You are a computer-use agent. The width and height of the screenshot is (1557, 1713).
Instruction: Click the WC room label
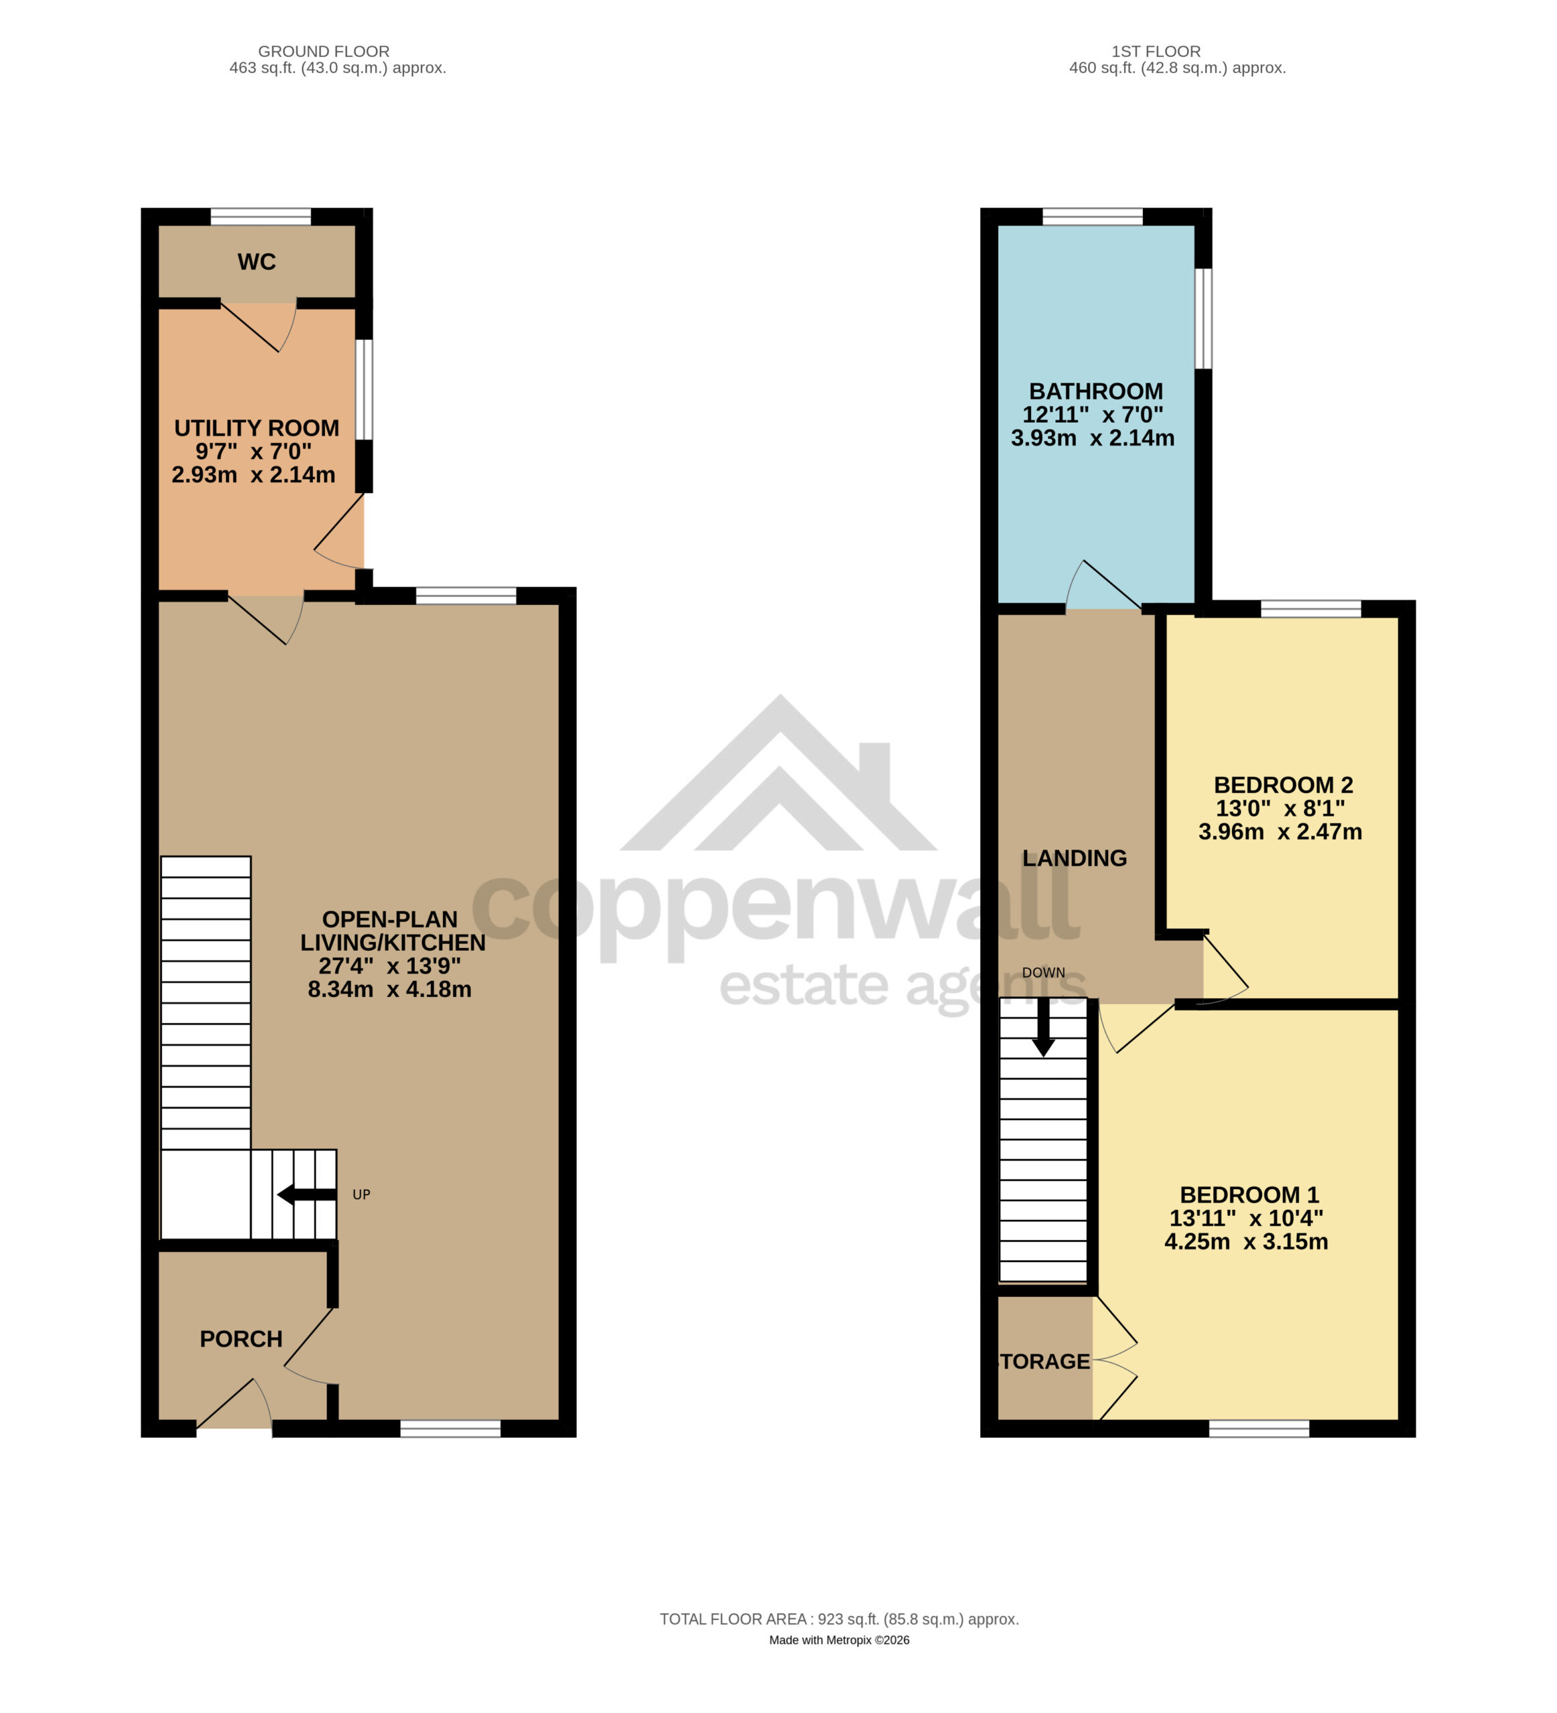(256, 262)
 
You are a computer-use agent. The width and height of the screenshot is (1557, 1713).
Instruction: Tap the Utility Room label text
(256, 428)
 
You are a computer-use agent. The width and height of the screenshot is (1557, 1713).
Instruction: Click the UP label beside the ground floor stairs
(361, 1194)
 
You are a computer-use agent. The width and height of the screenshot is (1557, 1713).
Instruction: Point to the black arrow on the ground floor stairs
(306, 1194)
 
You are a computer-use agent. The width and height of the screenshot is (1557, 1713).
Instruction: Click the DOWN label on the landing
(1043, 972)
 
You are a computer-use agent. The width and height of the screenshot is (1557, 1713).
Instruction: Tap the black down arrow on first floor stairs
(1043, 1027)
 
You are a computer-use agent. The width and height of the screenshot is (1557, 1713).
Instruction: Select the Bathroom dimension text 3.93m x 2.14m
(1093, 438)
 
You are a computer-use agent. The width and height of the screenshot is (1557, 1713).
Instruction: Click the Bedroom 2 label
(1283, 784)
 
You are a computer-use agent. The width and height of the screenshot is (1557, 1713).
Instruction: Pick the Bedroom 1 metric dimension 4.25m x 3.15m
(1246, 1241)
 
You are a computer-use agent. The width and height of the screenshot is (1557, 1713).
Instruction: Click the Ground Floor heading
(324, 51)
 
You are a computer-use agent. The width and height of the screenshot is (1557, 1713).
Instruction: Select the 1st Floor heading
(1156, 51)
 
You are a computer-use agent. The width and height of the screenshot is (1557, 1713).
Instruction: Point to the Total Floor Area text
(839, 1619)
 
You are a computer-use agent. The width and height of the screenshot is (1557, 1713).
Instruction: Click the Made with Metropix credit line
(839, 1640)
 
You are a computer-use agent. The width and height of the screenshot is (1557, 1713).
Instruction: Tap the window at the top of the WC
(261, 217)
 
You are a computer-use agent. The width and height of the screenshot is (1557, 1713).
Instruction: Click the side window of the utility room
(363, 390)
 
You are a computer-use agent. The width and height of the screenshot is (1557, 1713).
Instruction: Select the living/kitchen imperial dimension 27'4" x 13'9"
(390, 966)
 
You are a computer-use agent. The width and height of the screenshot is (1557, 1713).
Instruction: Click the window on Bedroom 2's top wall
(1311, 608)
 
